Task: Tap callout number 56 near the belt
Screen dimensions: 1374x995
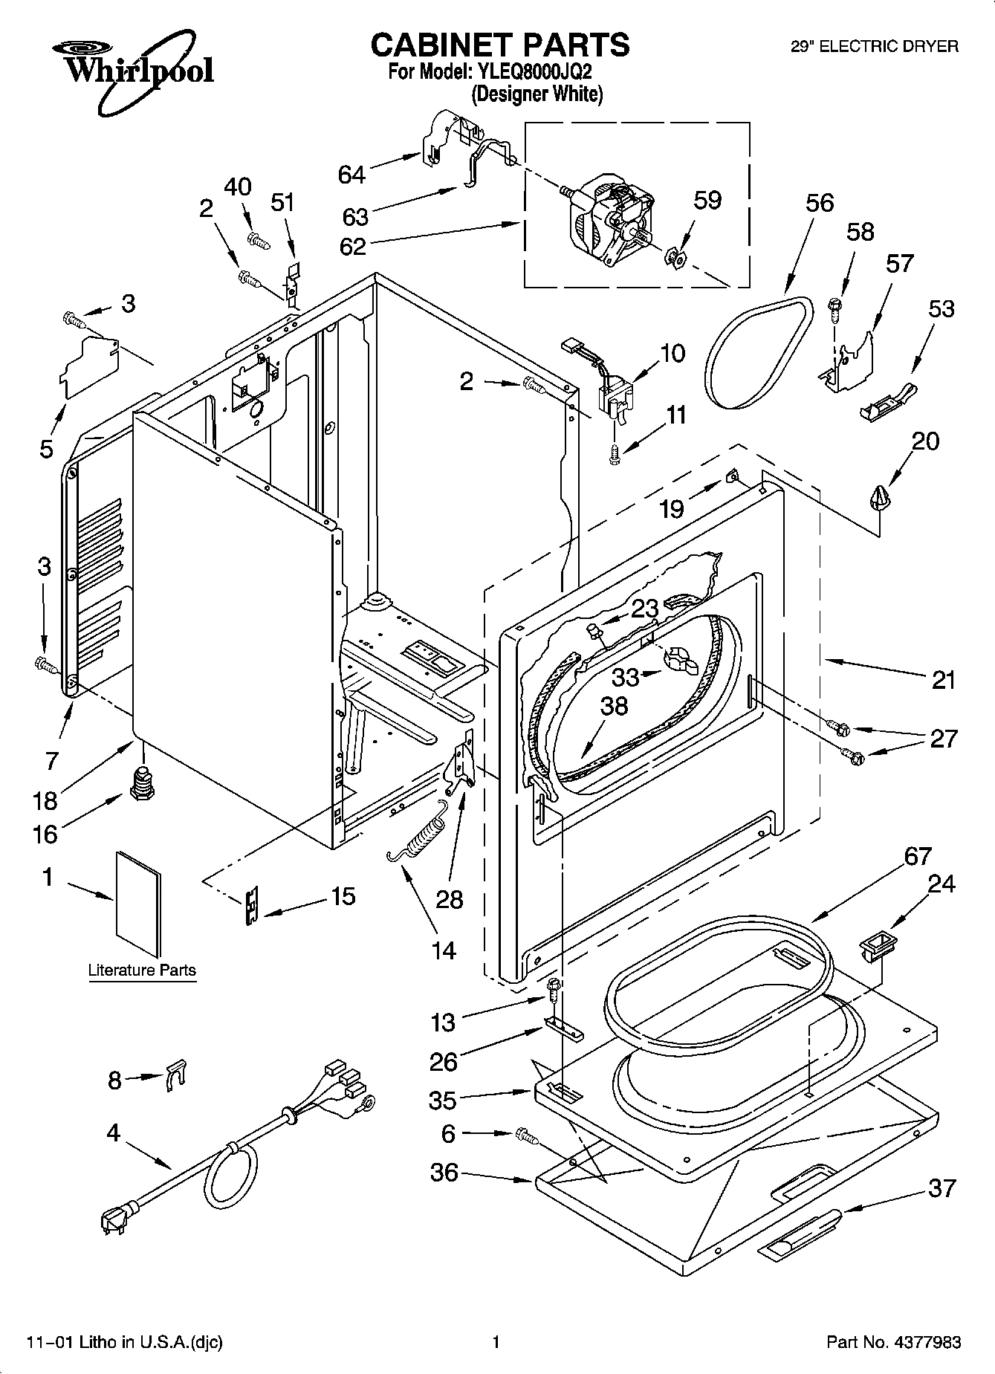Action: click(820, 203)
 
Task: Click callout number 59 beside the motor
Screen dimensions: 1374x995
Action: click(707, 200)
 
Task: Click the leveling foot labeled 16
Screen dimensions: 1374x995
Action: click(141, 785)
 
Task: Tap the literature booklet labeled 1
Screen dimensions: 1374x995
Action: click(138, 903)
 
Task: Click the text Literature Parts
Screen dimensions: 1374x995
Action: click(142, 970)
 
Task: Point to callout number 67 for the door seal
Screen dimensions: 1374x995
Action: click(917, 856)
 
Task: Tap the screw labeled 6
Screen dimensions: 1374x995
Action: click(525, 1135)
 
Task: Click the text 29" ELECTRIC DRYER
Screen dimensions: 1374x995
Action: click(874, 46)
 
